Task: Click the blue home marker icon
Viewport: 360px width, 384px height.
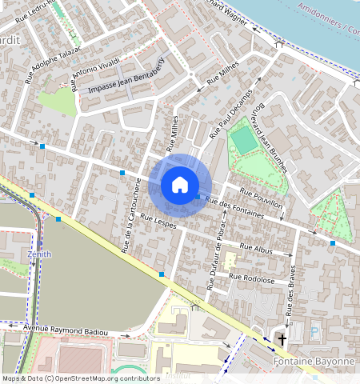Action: (180, 186)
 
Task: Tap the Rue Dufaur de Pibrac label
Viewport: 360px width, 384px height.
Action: (214, 257)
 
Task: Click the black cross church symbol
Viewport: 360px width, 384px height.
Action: (281, 339)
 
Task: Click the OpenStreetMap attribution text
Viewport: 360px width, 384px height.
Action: (80, 378)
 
